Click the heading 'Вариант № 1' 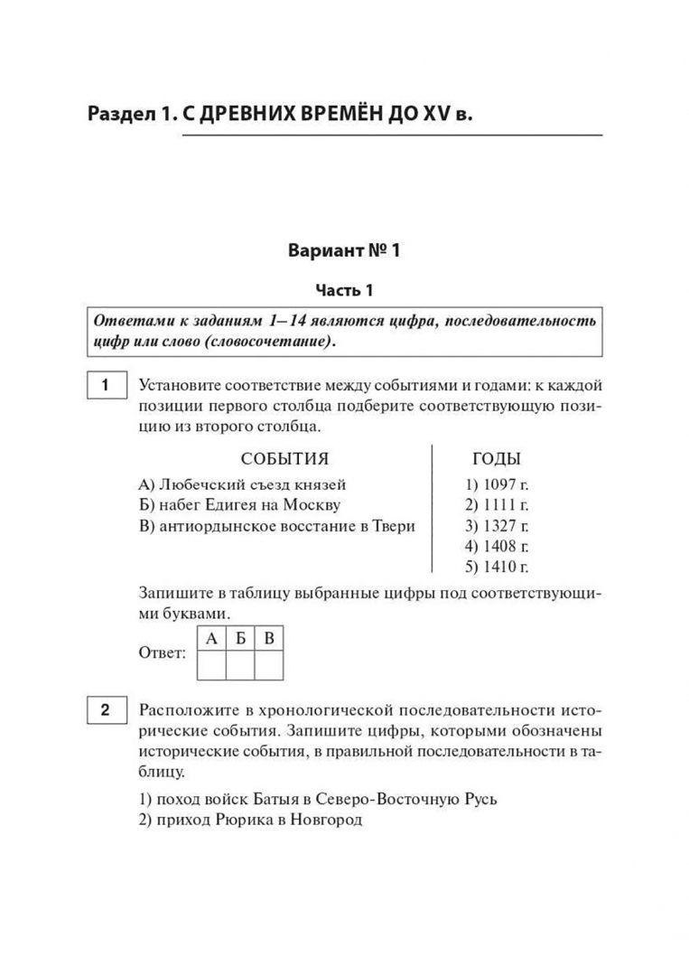[x=343, y=250]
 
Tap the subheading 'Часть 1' [x=343, y=291]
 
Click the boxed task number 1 [x=105, y=386]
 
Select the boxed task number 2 [x=105, y=710]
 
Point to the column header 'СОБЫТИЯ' [x=284, y=458]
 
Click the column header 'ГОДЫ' [x=496, y=458]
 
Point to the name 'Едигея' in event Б [x=228, y=505]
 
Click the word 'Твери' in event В [x=394, y=526]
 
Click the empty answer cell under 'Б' [x=239, y=665]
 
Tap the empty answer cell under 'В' [x=268, y=665]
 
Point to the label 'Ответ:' [x=163, y=652]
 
